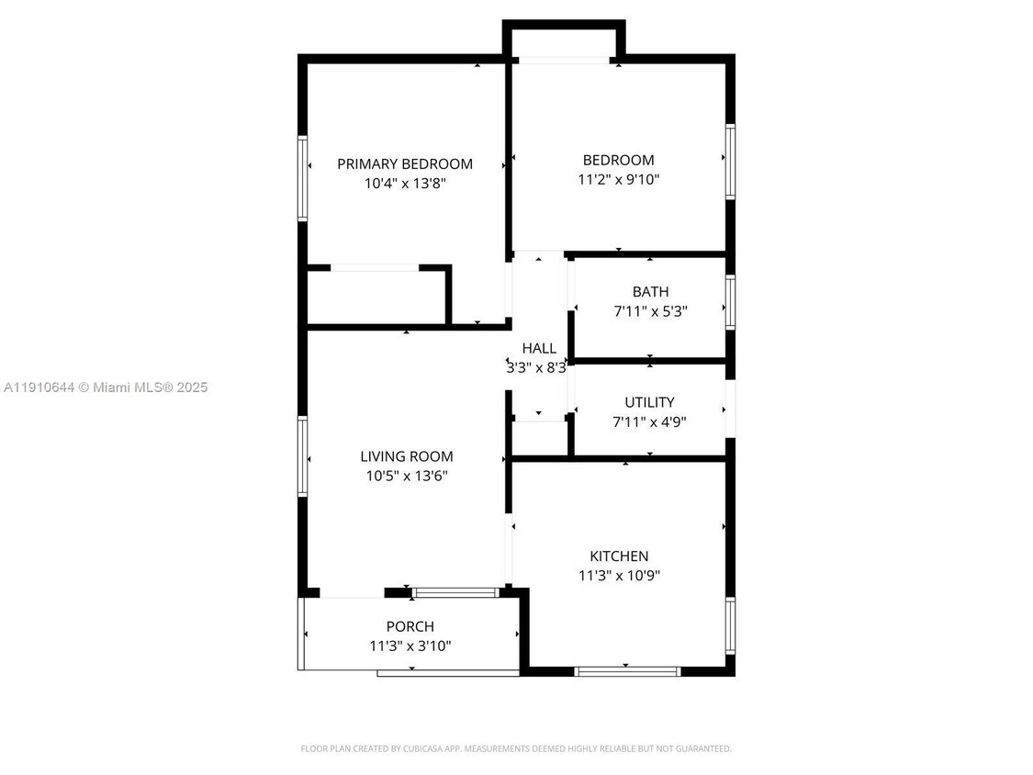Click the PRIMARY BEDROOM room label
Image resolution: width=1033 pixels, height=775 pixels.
[405, 164]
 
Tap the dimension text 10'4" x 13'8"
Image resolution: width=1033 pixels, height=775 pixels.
[405, 184]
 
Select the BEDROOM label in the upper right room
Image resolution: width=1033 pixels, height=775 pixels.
[619, 160]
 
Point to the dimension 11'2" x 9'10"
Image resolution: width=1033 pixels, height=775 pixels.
[619, 180]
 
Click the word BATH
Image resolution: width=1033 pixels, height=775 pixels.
[650, 292]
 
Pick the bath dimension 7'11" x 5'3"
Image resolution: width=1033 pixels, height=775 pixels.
[650, 311]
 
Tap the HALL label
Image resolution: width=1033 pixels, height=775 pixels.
[539, 348]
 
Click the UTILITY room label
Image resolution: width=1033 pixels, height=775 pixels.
[649, 402]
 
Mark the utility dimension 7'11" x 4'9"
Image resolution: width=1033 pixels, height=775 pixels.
[649, 422]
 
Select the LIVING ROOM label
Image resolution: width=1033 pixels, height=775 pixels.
[406, 456]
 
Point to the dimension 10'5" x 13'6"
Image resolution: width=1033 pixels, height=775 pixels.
[406, 476]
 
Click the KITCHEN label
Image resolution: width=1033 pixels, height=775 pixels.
[619, 556]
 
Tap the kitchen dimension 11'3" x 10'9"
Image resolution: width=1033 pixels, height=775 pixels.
[619, 576]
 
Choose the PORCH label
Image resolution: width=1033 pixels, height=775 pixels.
[410, 626]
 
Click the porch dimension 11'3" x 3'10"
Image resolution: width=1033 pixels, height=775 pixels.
[410, 646]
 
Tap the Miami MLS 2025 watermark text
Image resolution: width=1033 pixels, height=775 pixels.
[105, 387]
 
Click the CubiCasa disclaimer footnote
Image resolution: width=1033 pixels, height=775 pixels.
[516, 748]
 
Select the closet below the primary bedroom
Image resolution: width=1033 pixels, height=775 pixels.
[376, 297]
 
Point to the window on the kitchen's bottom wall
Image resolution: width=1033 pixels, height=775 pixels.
[627, 671]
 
